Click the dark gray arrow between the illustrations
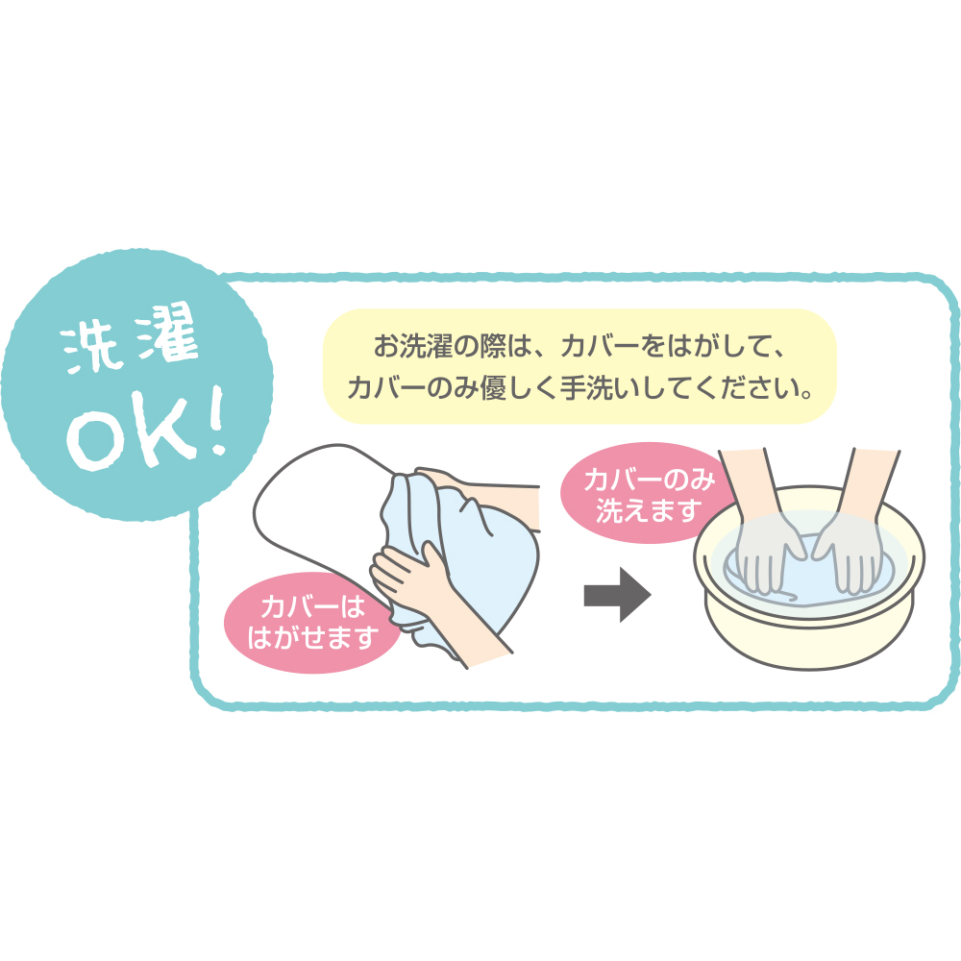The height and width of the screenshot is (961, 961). point(617,595)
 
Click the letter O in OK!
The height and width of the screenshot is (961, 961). point(92,439)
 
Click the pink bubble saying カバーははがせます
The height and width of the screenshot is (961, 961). point(312,622)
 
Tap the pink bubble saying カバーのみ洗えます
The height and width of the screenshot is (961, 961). point(649,493)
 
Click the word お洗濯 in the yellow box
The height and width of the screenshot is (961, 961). point(413,346)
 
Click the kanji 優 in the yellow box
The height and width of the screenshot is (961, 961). point(495,388)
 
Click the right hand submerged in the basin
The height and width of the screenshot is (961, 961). point(848,553)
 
